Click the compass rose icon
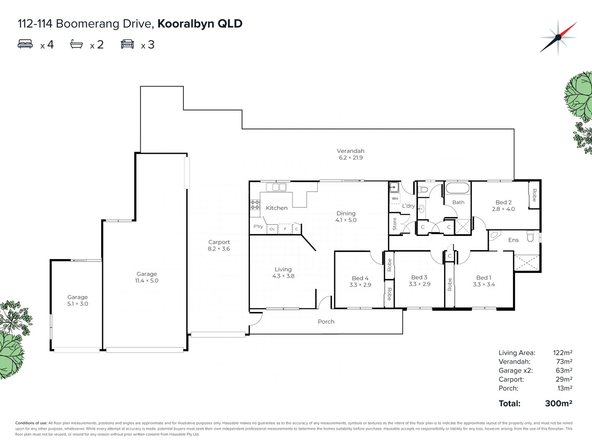[558, 37]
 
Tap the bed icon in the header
[25, 44]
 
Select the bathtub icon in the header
[76, 44]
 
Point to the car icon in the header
[127, 44]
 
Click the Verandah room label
[350, 151]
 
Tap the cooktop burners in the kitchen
[255, 205]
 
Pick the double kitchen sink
[276, 187]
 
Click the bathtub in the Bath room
[458, 188]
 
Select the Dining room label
[346, 213]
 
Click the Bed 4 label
[360, 278]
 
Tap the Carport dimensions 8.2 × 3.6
[219, 249]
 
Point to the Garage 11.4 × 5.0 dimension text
[147, 281]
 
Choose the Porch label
[326, 321]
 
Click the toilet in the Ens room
[530, 237]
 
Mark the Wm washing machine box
[395, 199]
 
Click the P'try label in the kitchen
[258, 227]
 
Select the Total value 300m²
[558, 403]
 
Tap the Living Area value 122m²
[562, 353]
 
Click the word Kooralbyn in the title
[185, 24]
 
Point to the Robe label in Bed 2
[534, 195]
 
